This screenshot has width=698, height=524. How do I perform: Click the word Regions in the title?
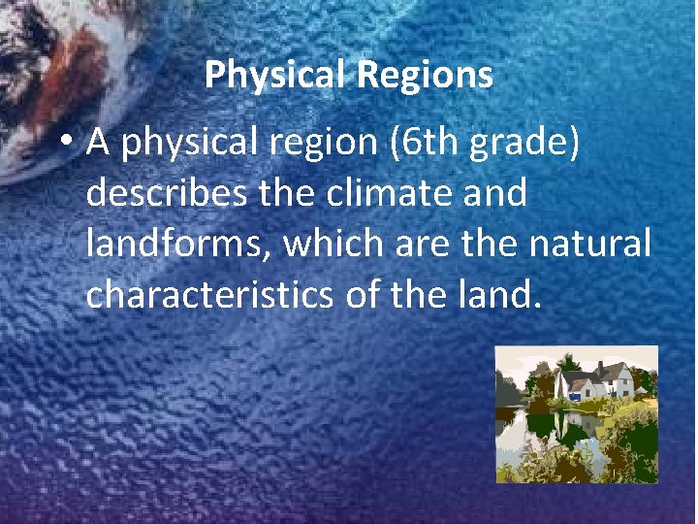pos(425,75)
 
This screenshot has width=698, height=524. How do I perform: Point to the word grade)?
pos(524,144)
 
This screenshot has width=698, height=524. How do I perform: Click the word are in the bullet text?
pos(423,245)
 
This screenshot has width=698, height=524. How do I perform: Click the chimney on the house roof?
pos(600,370)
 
